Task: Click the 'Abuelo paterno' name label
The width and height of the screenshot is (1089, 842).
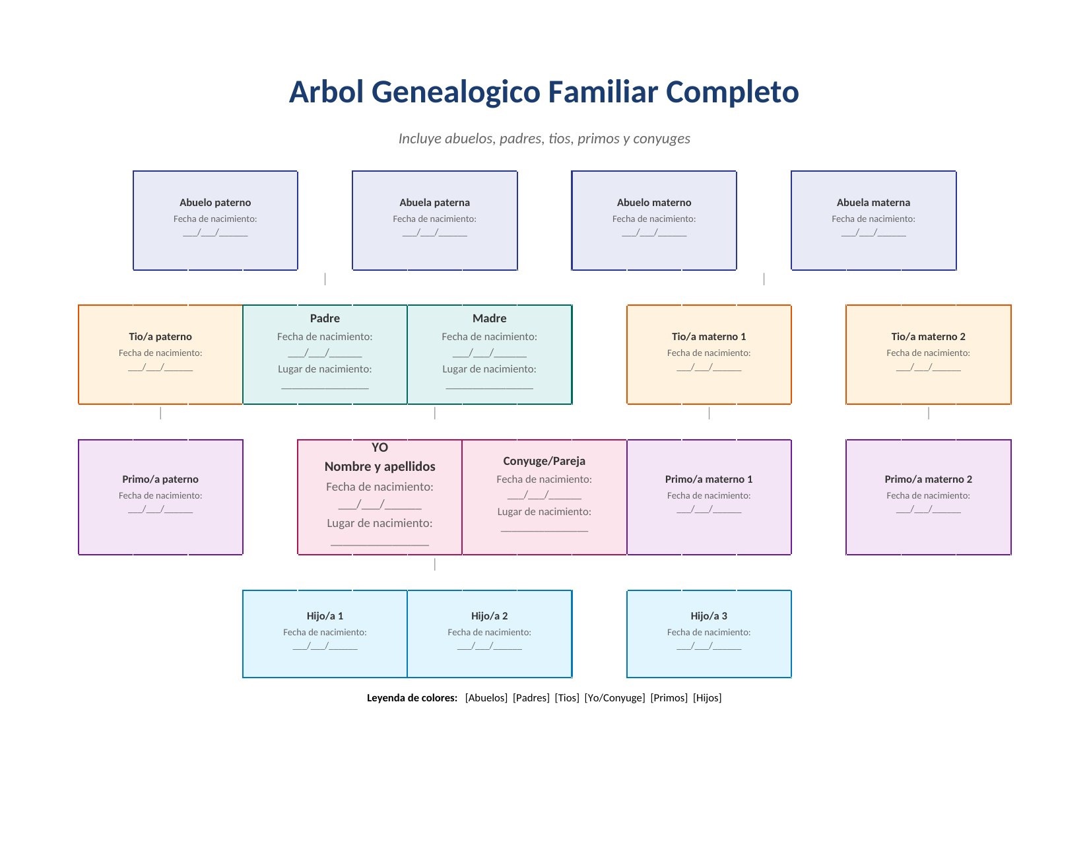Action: click(x=215, y=203)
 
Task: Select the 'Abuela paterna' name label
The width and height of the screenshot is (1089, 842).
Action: click(x=434, y=203)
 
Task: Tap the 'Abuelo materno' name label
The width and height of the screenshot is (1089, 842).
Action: click(x=654, y=203)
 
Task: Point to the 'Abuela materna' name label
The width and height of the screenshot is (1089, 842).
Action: click(x=873, y=203)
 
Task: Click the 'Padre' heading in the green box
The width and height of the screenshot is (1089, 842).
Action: click(x=325, y=318)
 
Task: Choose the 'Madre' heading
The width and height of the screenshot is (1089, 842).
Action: click(x=489, y=318)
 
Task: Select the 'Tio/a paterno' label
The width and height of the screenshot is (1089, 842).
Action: click(x=160, y=337)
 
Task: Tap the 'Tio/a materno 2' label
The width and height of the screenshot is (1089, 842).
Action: click(x=928, y=337)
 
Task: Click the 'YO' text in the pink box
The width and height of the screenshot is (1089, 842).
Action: click(x=379, y=448)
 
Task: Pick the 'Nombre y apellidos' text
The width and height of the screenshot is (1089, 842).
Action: click(x=379, y=467)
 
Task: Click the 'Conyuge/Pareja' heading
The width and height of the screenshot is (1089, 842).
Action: click(x=544, y=461)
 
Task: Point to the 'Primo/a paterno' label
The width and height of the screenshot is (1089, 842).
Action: click(x=160, y=479)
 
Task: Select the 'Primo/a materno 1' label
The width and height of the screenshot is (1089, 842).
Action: click(x=709, y=479)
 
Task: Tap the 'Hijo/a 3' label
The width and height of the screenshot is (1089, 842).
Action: click(x=709, y=616)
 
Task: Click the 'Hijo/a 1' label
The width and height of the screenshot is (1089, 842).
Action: click(x=325, y=616)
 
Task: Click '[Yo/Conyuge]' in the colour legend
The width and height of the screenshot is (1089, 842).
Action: click(x=614, y=698)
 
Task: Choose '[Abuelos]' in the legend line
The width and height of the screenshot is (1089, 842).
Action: click(x=486, y=698)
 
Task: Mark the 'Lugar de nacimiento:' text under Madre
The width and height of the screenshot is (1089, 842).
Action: click(x=489, y=369)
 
